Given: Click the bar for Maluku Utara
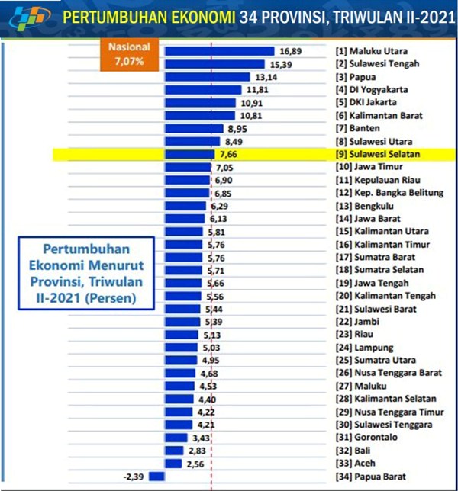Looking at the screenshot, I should [x=219, y=51].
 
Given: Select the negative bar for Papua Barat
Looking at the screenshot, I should [x=157, y=477].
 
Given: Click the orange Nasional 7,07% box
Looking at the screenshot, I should [x=129, y=56].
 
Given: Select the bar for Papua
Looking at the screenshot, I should [x=208, y=77].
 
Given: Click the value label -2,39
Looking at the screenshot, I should [x=134, y=477].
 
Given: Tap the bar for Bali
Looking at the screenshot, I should [x=174, y=451].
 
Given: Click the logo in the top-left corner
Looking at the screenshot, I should [x=23, y=17].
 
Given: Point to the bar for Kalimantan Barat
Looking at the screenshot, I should [x=200, y=116].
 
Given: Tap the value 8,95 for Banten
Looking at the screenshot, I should [x=236, y=129].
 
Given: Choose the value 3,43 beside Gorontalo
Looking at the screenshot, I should [x=201, y=438].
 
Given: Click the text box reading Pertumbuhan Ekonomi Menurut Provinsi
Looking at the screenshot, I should [x=85, y=273].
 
